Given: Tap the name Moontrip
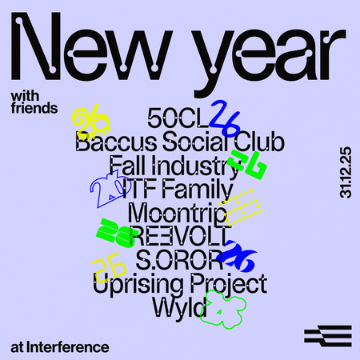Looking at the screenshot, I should click(x=171, y=214).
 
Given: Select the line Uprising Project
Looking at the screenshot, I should click(x=179, y=285).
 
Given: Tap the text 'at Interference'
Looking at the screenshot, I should click(x=60, y=347).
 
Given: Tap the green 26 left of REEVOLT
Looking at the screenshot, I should click(x=114, y=231).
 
